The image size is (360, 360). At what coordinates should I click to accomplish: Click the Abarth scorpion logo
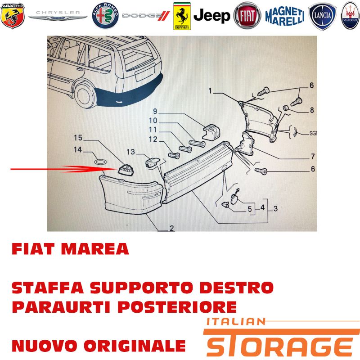[x=13, y=16]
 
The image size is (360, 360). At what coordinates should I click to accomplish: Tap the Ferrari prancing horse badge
[x=182, y=16]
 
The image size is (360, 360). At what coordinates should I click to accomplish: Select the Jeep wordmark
[x=211, y=16]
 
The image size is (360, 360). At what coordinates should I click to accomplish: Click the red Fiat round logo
[x=247, y=16]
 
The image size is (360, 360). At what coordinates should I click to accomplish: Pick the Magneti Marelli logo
[x=285, y=16]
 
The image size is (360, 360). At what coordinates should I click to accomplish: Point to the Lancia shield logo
[x=322, y=16]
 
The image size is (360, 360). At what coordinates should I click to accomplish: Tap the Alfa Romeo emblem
[x=105, y=16]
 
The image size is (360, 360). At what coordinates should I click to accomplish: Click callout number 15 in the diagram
[x=78, y=138]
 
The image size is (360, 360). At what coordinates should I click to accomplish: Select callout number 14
[x=78, y=150]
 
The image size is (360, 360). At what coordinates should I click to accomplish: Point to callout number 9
[x=155, y=111]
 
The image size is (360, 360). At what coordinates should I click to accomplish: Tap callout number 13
[x=131, y=152]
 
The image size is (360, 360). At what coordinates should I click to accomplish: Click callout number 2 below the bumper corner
[x=172, y=228]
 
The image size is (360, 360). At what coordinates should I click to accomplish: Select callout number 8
[x=312, y=110]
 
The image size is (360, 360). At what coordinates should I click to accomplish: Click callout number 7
[x=313, y=156]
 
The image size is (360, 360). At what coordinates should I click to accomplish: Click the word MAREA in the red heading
[x=95, y=249]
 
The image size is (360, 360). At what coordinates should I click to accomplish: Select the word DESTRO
[x=237, y=288]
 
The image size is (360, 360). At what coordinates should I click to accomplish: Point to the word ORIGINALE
[x=134, y=346]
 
